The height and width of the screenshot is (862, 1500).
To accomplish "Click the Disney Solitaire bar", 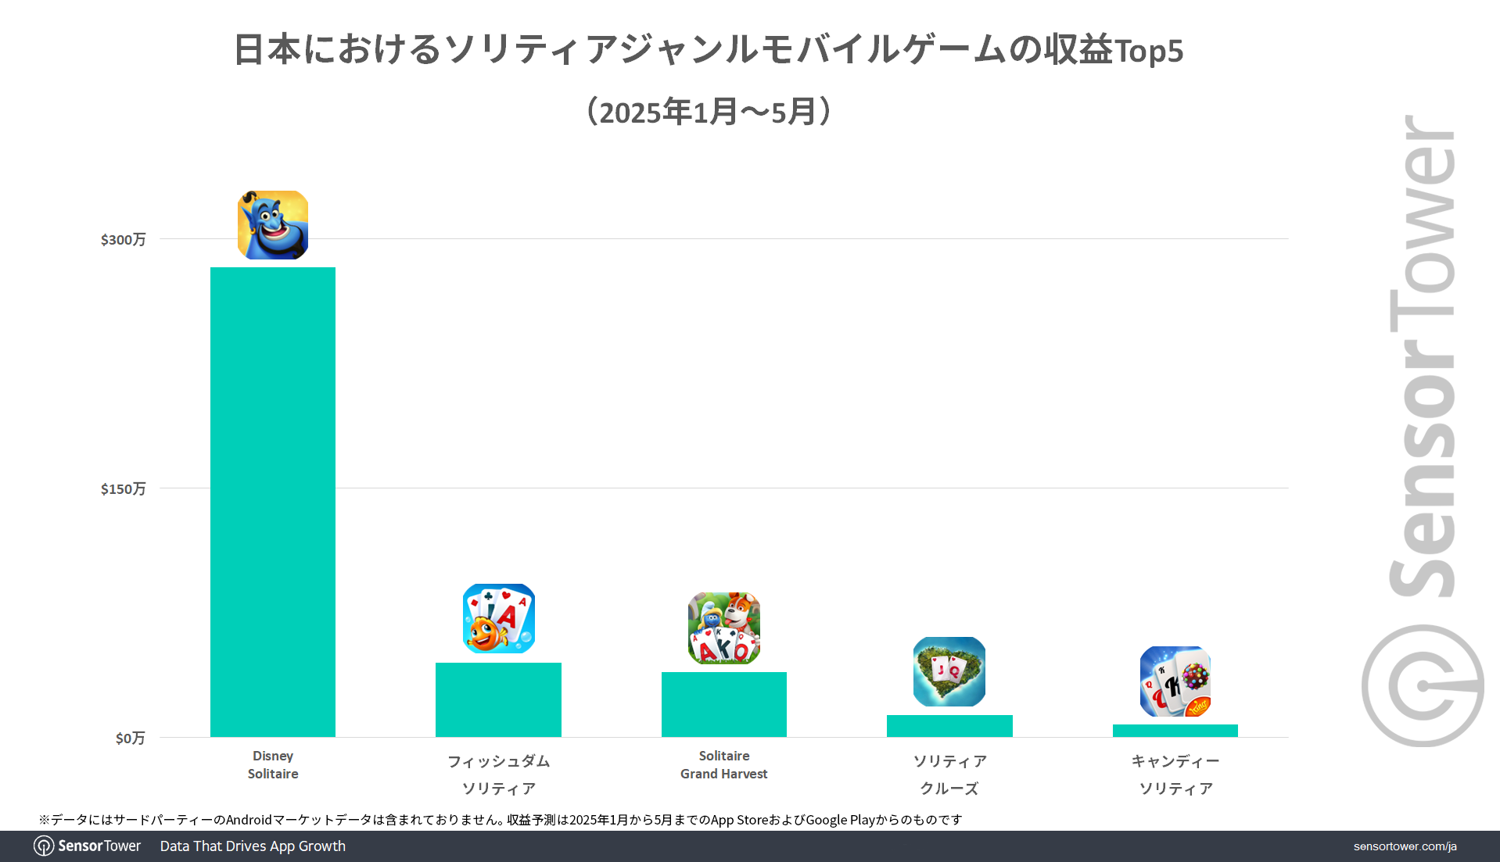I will [x=272, y=502].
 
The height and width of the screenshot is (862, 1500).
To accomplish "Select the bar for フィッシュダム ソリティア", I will [x=498, y=699].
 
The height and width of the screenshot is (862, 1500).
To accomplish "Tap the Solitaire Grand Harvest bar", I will [x=723, y=704].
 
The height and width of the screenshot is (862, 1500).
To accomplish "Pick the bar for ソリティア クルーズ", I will [x=949, y=726].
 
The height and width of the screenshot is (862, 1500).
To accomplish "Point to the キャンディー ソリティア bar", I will [x=1175, y=731].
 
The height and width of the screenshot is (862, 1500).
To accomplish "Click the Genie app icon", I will [x=273, y=225].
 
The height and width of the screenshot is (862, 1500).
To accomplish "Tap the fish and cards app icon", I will [x=498, y=618].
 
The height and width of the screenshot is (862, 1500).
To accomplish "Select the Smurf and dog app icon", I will [x=723, y=628].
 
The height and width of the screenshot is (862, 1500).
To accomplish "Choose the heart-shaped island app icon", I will [x=949, y=671].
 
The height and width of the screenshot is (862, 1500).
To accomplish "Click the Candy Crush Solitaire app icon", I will [x=1175, y=681].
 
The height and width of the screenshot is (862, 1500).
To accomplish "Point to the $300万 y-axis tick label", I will [x=123, y=240].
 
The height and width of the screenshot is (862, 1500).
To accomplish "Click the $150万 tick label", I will [x=123, y=489].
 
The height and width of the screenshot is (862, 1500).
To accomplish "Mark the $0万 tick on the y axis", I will [x=130, y=739].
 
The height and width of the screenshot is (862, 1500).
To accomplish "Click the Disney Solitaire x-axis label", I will [x=273, y=765].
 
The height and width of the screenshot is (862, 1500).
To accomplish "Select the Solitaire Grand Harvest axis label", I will [x=723, y=765].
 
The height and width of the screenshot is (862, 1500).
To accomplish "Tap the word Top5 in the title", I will [x=1148, y=52].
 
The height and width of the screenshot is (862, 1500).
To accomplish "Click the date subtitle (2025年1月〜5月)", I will [x=709, y=112].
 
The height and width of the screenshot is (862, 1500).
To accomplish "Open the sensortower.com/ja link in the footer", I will [x=1405, y=846].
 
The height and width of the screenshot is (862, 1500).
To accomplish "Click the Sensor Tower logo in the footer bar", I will [x=88, y=846].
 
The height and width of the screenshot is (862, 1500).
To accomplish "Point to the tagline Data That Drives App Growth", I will [x=253, y=846].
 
